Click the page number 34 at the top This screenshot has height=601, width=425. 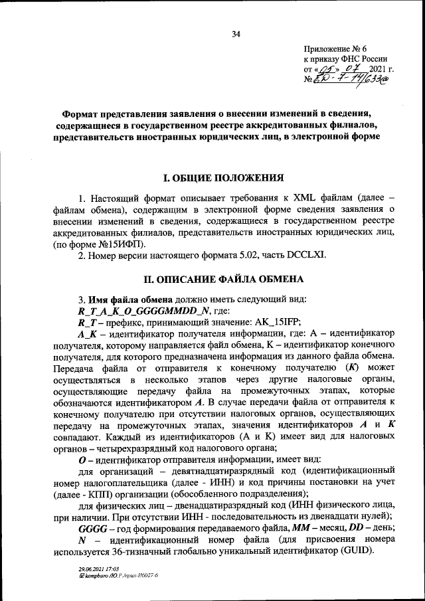236,35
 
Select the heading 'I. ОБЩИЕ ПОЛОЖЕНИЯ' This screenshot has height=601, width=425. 224,177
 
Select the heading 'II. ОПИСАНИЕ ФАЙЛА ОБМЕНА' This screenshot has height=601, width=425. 224,278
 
